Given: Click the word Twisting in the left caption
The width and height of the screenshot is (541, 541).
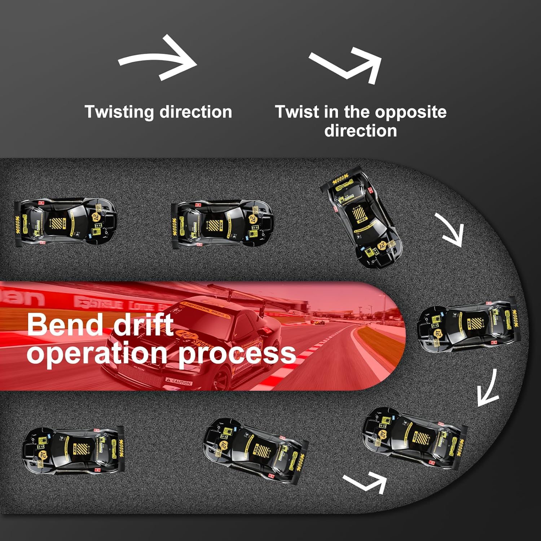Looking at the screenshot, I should click(119, 112).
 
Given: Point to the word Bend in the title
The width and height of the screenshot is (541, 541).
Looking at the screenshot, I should click(65, 325).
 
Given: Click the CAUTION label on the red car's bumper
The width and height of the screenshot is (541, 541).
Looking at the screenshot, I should click(179, 382).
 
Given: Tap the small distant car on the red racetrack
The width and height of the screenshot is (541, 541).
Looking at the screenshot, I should click(317, 322).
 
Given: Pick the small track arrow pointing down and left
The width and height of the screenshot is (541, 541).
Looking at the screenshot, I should click(488, 390).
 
